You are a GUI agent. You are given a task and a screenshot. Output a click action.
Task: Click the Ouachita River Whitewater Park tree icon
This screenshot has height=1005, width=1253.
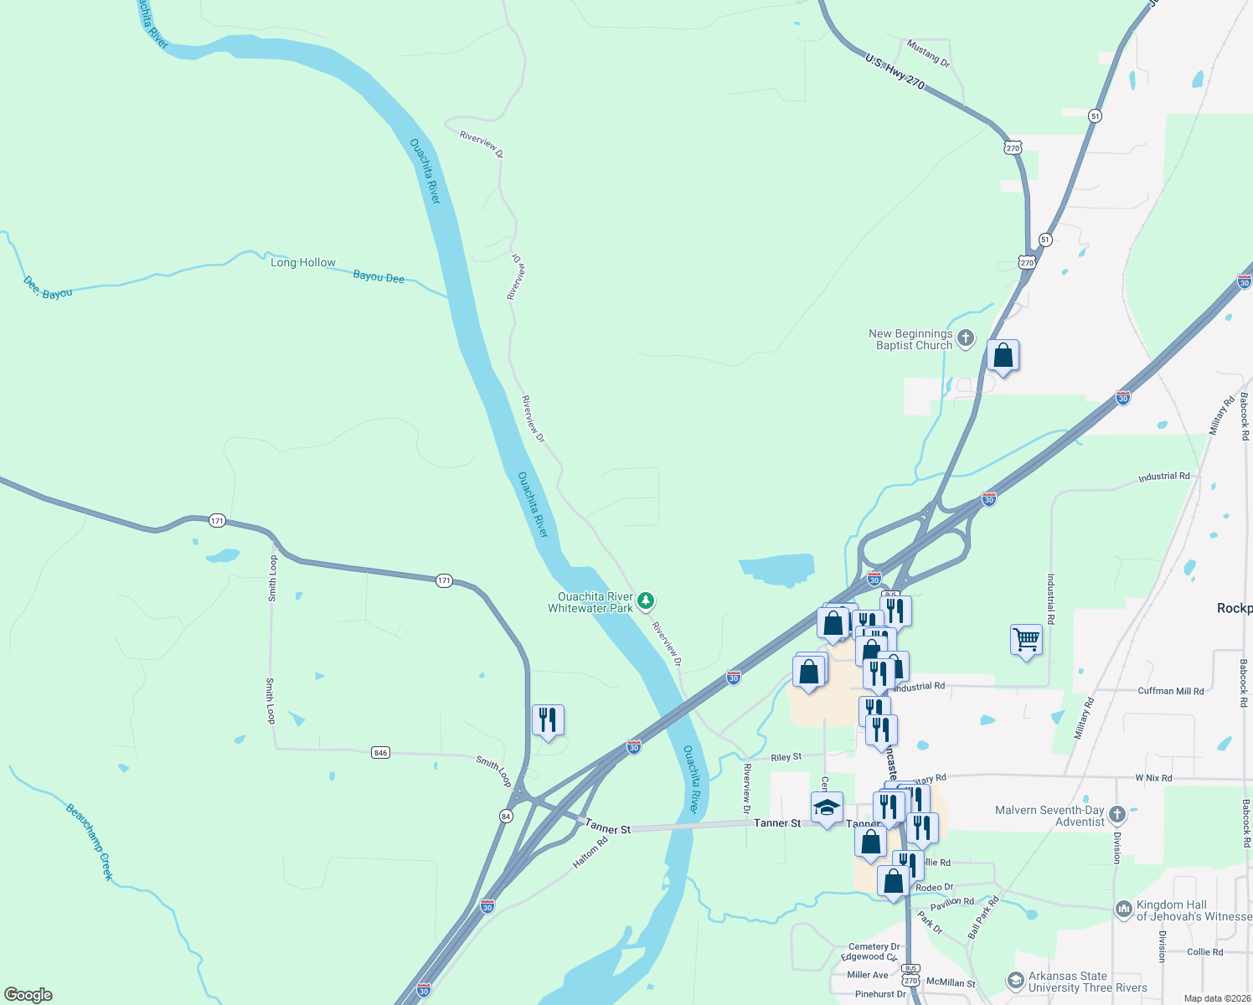click(x=645, y=600)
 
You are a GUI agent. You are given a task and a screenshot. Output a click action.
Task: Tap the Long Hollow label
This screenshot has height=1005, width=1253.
click(x=302, y=263)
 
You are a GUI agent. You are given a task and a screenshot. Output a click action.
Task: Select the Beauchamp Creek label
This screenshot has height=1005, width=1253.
click(x=89, y=841)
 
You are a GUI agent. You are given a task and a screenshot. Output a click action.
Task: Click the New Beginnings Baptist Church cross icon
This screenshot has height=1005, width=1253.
click(x=966, y=338)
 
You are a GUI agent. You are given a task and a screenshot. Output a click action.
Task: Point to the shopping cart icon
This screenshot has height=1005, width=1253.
click(x=1026, y=640)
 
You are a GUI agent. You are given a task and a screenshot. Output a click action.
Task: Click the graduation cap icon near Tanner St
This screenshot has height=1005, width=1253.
click(x=827, y=807)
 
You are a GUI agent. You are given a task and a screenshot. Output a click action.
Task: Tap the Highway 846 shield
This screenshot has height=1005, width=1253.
click(x=380, y=753)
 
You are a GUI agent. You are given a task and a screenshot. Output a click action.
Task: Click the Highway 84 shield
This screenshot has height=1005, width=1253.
click(x=505, y=816)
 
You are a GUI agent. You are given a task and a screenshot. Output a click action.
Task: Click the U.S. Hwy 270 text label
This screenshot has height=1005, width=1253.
click(x=895, y=72)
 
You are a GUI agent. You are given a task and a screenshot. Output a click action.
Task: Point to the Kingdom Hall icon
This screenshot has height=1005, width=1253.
click(x=1124, y=909)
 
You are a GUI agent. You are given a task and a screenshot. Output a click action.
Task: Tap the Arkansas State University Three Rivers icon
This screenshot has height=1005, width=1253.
click(x=1015, y=980)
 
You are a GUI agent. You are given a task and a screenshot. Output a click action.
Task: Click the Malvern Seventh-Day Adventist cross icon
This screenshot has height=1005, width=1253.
click(x=1116, y=814)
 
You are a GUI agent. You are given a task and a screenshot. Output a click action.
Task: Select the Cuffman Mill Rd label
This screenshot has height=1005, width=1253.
click(x=1170, y=691)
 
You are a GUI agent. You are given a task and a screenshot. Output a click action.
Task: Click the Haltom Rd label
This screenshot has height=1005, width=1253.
click(x=590, y=852)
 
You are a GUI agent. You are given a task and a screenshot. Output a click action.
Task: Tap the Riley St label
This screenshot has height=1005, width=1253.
click(x=786, y=757)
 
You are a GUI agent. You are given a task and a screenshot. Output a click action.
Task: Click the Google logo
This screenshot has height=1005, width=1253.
click(x=28, y=994)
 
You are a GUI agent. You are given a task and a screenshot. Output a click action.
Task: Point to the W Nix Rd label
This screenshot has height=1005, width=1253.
click(x=1153, y=778)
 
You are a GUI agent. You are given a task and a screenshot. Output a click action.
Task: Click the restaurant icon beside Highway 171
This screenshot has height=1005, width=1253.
click(x=548, y=719)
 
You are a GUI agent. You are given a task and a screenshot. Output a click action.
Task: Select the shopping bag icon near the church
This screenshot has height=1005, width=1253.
click(x=1003, y=356)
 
